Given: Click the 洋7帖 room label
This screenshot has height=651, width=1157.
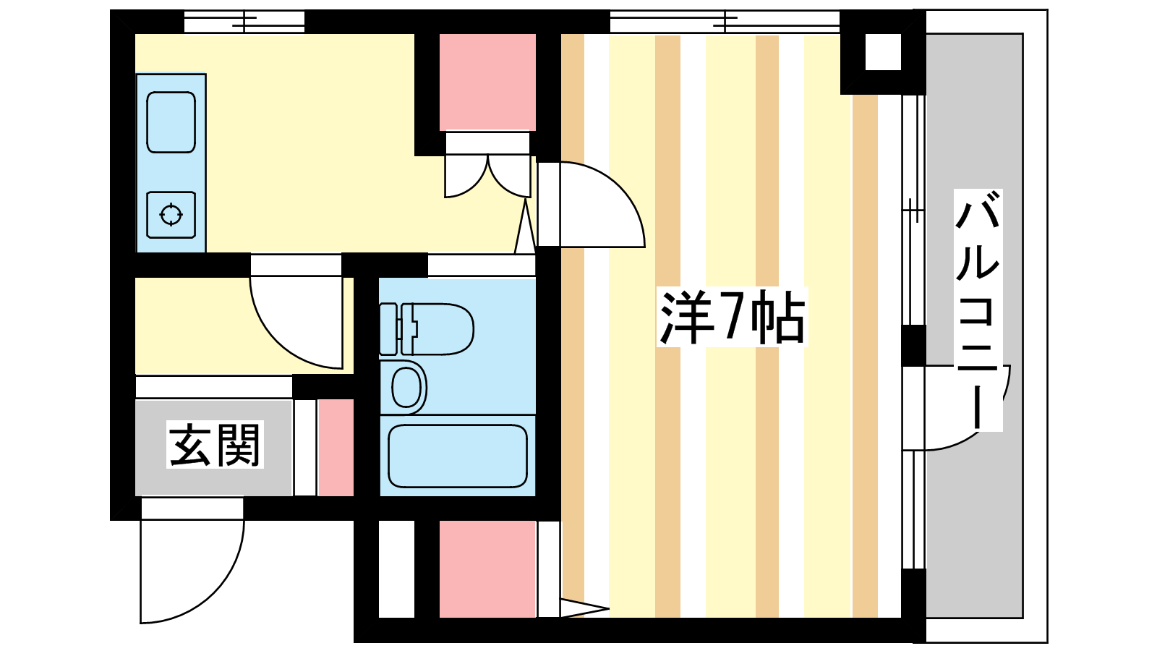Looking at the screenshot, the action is point(732,318).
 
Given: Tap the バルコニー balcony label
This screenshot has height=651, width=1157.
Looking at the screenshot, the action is point(978,310).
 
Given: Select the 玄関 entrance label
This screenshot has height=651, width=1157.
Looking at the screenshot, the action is point(215,445).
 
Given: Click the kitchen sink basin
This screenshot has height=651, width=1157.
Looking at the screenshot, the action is point(171,122).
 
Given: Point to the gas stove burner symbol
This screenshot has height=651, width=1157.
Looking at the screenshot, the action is point(171,215).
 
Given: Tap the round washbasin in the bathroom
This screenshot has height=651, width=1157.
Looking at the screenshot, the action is point(406,388).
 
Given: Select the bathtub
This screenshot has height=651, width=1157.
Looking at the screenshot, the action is point(457,456).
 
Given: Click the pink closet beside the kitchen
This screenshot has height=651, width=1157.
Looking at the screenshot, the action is point(487,82).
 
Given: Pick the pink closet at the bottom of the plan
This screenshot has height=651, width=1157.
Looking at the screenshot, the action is point(487,569).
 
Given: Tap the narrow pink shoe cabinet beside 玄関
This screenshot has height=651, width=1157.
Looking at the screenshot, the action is point(336,448).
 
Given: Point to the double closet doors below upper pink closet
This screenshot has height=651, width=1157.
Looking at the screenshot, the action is point(487,176).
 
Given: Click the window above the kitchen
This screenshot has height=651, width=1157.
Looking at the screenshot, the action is point(244,22).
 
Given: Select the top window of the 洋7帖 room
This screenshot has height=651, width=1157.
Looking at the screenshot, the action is point(725,22).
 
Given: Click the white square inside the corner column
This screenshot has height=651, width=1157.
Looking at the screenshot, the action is point(883,51).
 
